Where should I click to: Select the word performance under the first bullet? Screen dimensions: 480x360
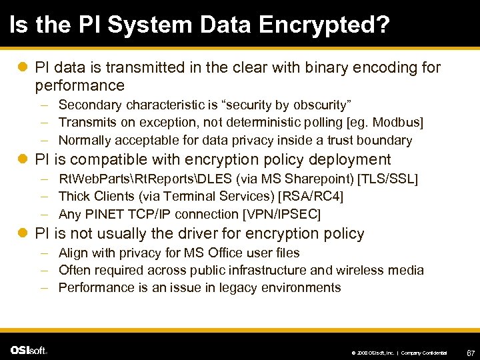point(80,85)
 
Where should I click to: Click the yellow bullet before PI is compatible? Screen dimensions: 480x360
point(23,160)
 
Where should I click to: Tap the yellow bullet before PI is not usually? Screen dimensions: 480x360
point(23,234)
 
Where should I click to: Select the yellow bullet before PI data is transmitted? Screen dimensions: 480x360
point(23,67)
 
